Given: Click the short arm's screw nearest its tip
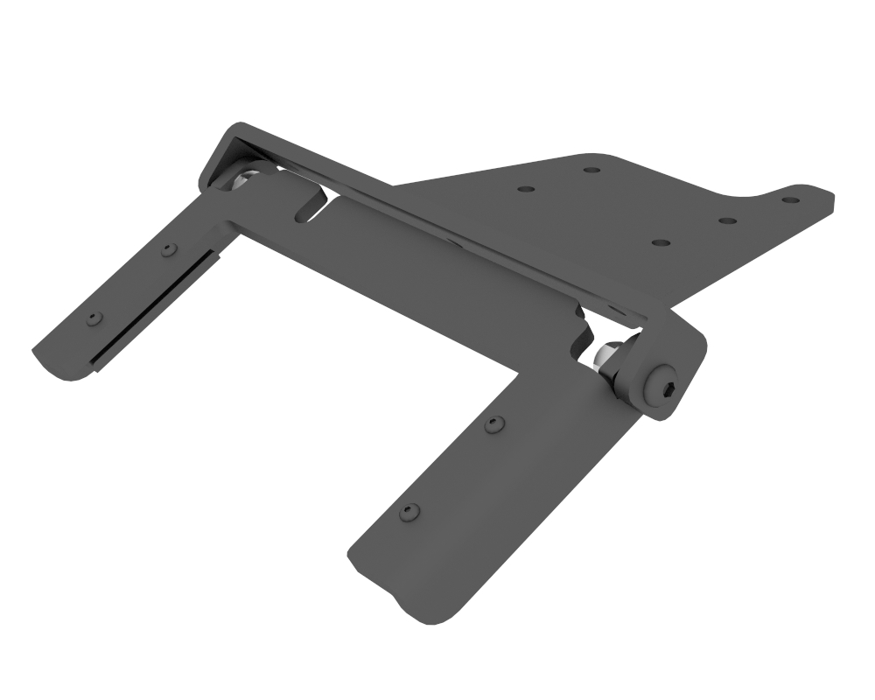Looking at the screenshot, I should coord(94,318).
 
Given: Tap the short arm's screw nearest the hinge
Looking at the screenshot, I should coord(169,250).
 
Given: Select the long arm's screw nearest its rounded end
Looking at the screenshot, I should coord(407,512).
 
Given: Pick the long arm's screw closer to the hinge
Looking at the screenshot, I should coord(495,424).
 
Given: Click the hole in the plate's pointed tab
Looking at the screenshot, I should coord(790,199).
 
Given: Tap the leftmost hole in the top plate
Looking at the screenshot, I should coord(525,188).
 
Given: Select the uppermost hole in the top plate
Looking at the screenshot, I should coord(591,169).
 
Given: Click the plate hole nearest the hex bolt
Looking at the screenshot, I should coord(661,241).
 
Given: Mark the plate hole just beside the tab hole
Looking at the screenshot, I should coord(728,220).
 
